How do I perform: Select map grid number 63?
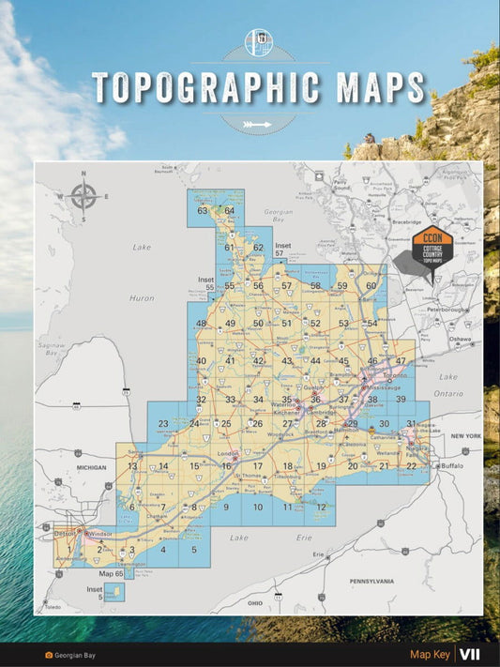click(202, 211)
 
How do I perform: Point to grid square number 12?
click(321, 508)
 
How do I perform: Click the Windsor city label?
click(102, 534)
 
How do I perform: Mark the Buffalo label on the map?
click(453, 466)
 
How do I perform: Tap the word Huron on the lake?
click(141, 297)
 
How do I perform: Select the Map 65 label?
click(112, 573)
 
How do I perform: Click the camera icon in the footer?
click(49, 656)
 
